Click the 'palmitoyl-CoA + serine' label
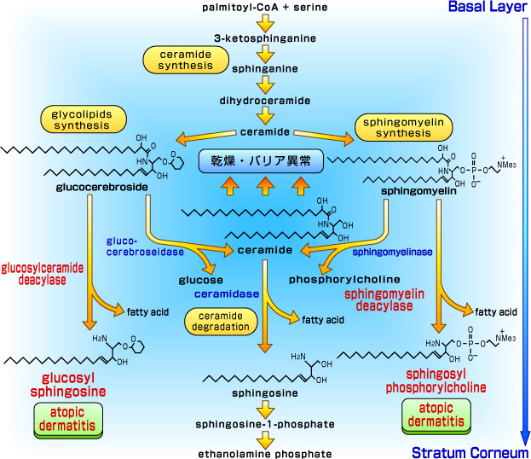[265, 8]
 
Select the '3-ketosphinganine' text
[265, 38]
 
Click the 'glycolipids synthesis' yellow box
[76, 119]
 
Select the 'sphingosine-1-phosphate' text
[265, 424]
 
